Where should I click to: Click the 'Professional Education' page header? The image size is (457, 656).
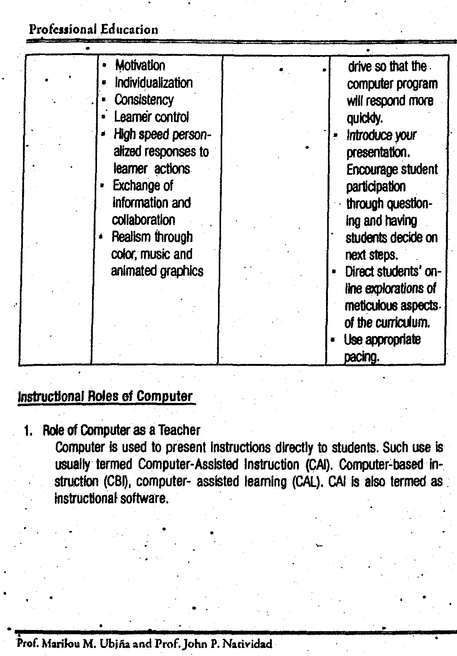94,29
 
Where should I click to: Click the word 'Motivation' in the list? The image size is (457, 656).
140,65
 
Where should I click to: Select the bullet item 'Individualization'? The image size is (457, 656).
153,83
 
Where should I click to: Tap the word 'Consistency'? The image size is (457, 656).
144,100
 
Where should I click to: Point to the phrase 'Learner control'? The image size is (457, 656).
151,117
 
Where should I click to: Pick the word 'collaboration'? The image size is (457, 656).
143,220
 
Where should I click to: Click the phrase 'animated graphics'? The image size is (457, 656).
157,271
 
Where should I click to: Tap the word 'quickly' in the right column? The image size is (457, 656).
364,118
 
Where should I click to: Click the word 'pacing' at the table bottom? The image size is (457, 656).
361,357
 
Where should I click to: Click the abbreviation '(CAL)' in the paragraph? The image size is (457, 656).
307,481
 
